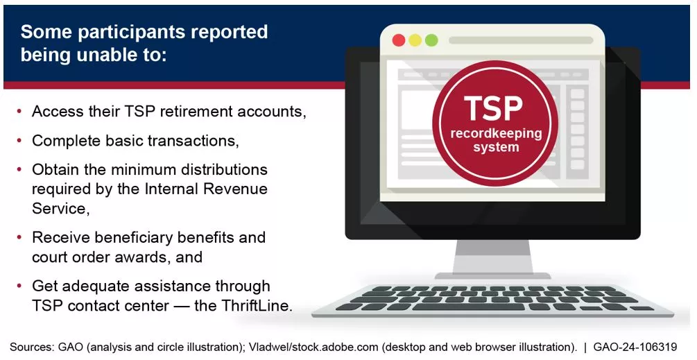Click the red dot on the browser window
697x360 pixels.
click(x=399, y=40)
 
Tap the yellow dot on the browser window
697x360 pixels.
click(x=415, y=40)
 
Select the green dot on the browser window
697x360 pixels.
click(x=431, y=40)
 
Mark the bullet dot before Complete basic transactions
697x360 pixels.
click(x=18, y=141)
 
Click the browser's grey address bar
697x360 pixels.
click(x=520, y=40)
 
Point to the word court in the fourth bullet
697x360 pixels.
click(x=51, y=257)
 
